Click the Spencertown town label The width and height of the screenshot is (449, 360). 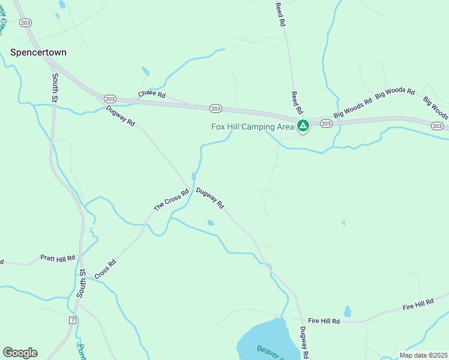pos(38,52)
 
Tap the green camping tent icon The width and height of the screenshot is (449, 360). pos(303,126)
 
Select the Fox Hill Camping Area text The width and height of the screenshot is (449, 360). pos(253,127)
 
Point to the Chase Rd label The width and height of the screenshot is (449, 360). pos(151,94)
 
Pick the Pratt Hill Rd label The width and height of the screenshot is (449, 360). pos(58,257)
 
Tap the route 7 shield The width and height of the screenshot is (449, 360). pos(73,320)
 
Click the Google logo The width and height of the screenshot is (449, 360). pos(20,353)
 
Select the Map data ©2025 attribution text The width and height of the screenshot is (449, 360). pos(423,355)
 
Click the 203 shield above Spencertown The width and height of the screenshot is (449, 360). pos(25,22)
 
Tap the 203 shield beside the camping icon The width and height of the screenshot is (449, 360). pos(325,124)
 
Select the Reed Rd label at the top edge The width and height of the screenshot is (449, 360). pos(280,14)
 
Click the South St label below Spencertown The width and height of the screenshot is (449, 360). pos(55,88)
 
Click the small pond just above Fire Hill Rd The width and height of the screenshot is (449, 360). pos(348,311)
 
